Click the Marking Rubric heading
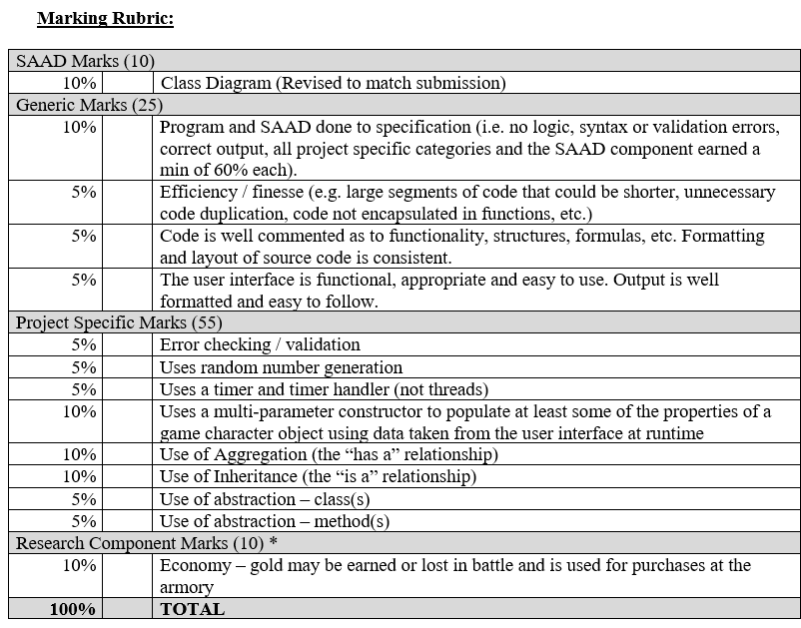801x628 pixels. pyautogui.click(x=104, y=18)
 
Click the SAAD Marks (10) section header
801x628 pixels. pyautogui.click(x=85, y=61)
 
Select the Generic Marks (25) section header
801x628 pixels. pyautogui.click(x=89, y=104)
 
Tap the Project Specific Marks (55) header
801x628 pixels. pyautogui.click(x=119, y=322)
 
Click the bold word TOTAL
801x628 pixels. pyautogui.click(x=192, y=609)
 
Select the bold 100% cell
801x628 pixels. pyautogui.click(x=73, y=609)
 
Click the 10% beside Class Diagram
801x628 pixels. pyautogui.click(x=79, y=83)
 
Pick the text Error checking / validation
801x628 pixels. pyautogui.click(x=260, y=344)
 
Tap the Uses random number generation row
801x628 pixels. pyautogui.click(x=281, y=366)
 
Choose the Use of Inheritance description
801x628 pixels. pyautogui.click(x=318, y=476)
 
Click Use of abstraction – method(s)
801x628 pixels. pyautogui.click(x=275, y=520)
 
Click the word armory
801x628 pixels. pyautogui.click(x=187, y=587)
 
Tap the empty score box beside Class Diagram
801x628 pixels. pyautogui.click(x=127, y=83)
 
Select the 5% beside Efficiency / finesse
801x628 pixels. pyautogui.click(x=83, y=192)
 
